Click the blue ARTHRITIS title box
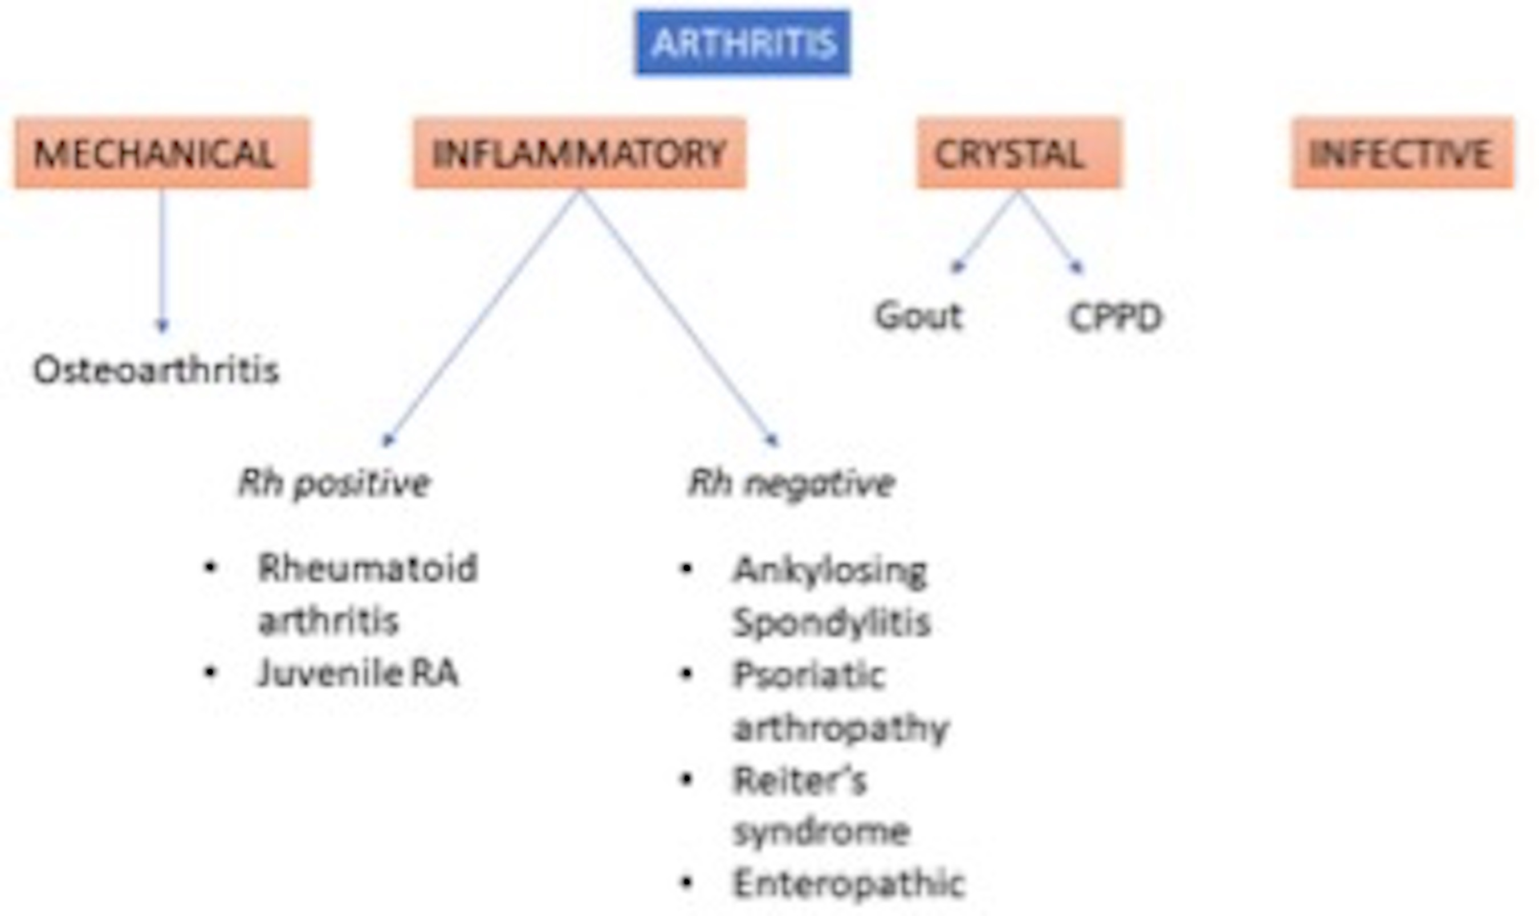pos(743,43)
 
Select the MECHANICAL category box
pos(162,153)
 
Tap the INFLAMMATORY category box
pos(579,153)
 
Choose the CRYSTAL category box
pos(1018,153)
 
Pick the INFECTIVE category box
pos(1402,153)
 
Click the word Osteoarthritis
pos(156,370)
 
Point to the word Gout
pos(918,316)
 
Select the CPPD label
pos(1115,317)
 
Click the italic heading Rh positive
pos(333,482)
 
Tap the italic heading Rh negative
pos(791,482)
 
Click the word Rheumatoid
pos(368,568)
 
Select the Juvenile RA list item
pos(358,673)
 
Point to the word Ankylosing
pos(830,570)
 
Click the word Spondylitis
pos(831,622)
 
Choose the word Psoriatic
pos(809,674)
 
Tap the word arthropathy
pos(841,729)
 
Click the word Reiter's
pos(800,781)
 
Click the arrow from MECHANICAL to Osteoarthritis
pos(162,259)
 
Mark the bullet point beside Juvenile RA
pos(210,672)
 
